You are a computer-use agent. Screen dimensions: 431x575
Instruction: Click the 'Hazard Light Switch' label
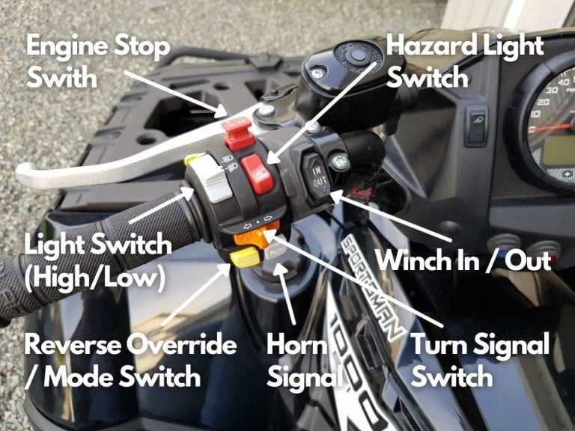click(x=464, y=60)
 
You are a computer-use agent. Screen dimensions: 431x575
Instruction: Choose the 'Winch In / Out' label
click(x=463, y=260)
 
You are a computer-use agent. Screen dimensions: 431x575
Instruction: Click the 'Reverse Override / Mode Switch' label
click(x=130, y=360)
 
